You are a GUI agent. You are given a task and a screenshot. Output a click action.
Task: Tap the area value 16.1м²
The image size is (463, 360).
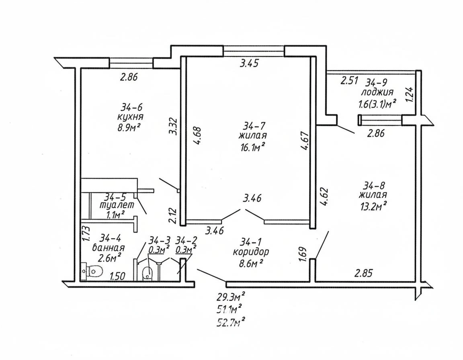click(252, 147)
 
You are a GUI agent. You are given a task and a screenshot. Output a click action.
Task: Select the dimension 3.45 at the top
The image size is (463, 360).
click(249, 63)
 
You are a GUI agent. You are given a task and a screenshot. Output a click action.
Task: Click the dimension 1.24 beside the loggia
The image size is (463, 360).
click(410, 95)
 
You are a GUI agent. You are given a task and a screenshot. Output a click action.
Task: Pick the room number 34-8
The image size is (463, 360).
click(375, 186)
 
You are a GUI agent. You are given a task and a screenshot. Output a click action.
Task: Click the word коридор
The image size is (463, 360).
click(251, 252)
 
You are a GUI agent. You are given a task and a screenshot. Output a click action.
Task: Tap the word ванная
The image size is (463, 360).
click(108, 247)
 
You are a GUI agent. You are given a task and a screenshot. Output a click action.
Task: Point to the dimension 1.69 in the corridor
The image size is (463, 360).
click(303, 254)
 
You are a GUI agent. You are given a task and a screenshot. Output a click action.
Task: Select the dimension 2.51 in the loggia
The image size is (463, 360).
click(349, 80)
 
